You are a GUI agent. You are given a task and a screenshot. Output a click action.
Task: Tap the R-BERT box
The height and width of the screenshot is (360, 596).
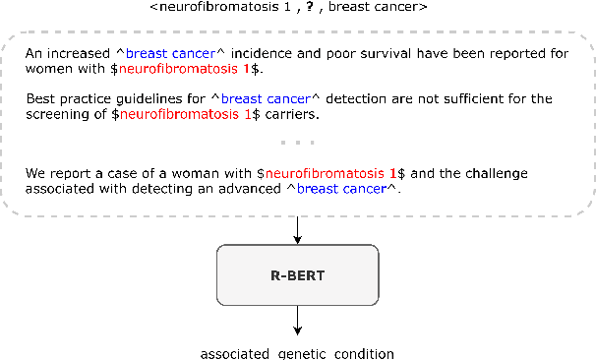[x=297, y=275]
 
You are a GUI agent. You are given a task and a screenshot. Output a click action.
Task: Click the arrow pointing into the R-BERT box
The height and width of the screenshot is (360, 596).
[x=297, y=231]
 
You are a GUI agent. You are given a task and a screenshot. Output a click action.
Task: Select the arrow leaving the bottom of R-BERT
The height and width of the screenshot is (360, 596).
[x=297, y=321]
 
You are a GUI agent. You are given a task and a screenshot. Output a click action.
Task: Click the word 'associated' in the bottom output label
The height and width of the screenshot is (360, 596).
[x=233, y=351]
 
